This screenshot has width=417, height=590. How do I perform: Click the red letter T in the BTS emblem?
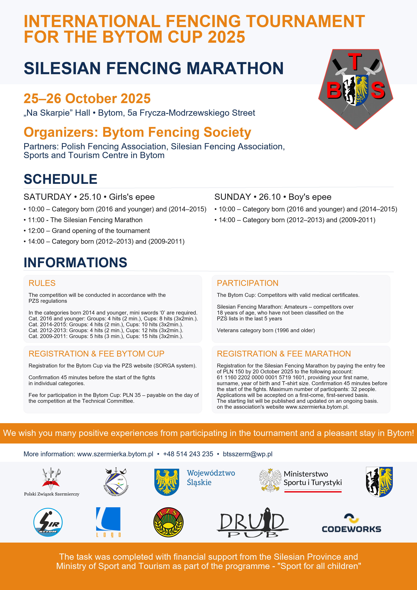355,61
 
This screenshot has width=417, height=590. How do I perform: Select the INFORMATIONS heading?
75,262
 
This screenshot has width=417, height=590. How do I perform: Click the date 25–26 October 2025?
87,98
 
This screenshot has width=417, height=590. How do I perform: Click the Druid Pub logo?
253,522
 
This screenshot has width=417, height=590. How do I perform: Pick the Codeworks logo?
351,524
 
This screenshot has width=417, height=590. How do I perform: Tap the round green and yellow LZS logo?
168,522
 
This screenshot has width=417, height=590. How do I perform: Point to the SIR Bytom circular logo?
48,522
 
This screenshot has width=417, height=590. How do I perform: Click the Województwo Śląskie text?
211,477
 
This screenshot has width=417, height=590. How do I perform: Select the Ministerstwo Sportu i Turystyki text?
312,478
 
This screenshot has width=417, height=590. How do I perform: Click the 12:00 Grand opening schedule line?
89,231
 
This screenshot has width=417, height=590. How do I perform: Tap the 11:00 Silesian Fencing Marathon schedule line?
85,220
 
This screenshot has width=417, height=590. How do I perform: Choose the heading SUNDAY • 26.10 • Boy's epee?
273,197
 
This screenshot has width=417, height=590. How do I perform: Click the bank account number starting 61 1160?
260,377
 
